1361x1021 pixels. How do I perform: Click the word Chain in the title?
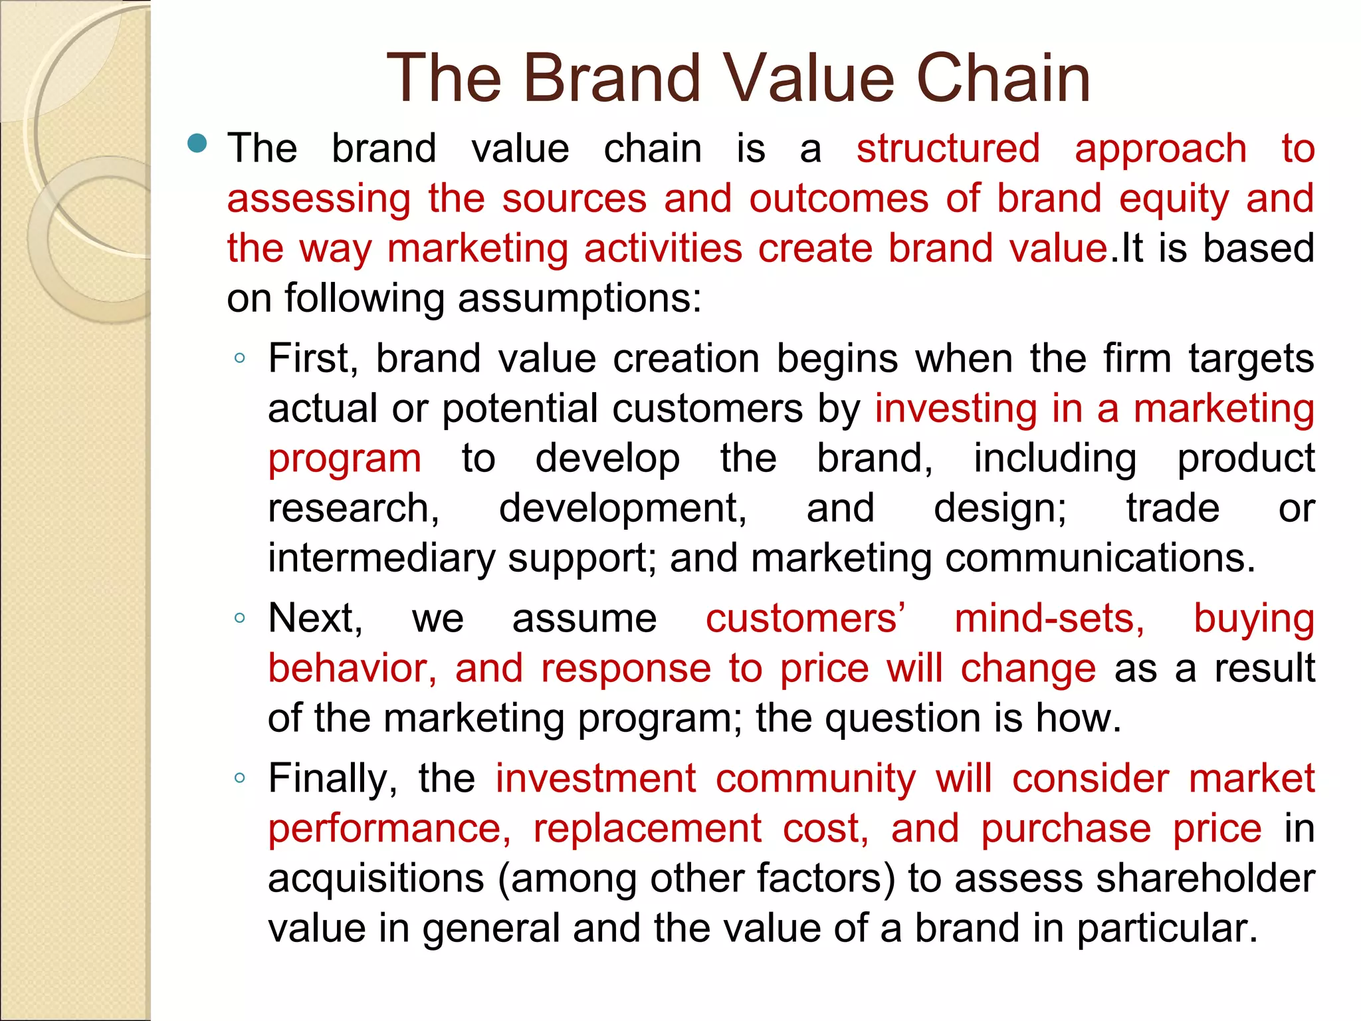(1003, 78)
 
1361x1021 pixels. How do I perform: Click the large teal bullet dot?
(197, 143)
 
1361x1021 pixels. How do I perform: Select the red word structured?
(948, 148)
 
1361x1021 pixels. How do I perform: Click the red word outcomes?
(839, 198)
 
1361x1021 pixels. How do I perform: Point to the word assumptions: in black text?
(579, 298)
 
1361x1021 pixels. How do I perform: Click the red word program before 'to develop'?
(344, 459)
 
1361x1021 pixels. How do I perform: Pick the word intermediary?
(381, 558)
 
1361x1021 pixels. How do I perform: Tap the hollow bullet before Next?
(240, 618)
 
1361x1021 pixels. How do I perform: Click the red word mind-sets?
(1049, 619)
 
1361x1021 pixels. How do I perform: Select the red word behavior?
(352, 669)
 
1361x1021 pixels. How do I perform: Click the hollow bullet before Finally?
(240, 778)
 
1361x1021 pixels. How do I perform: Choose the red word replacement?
(647, 829)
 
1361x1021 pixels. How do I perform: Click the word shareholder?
(1205, 879)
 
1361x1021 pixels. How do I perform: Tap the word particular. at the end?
(1167, 929)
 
